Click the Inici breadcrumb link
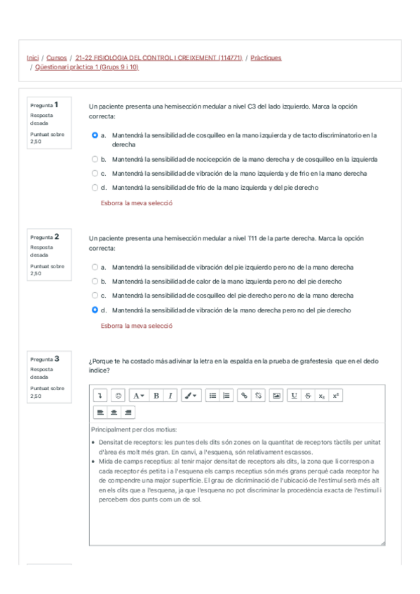32,57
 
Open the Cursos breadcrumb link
56,57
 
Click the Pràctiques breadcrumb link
266,57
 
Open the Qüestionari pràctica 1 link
87,67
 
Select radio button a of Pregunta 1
95,135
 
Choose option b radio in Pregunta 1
95,159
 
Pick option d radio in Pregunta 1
95,187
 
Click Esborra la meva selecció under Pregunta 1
137,203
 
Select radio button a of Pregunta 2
95,267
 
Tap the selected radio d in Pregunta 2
95,310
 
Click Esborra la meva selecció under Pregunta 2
137,326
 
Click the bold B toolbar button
156,396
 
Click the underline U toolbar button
294,396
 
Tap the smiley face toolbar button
118,396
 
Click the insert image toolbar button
276,396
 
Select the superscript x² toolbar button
336,396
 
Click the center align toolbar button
114,412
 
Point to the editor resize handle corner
381,542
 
